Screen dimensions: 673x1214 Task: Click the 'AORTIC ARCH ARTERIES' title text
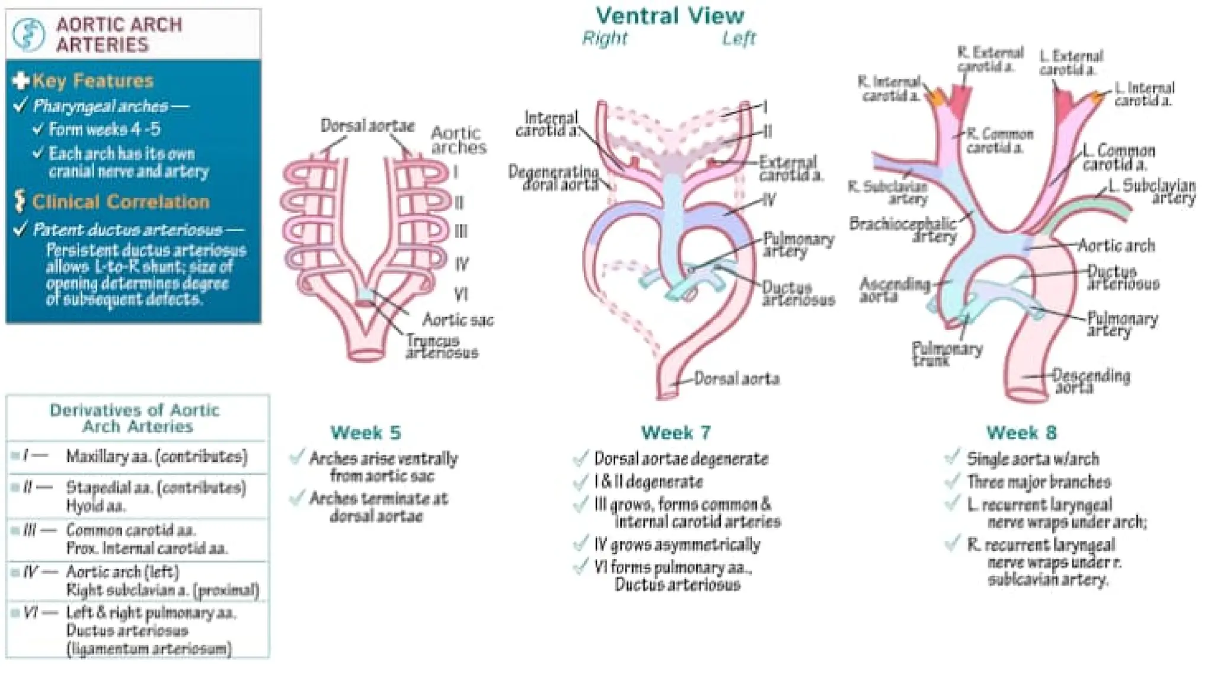tap(119, 34)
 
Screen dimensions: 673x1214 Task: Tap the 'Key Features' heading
tap(93, 81)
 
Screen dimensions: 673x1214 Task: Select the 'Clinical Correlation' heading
tap(120, 202)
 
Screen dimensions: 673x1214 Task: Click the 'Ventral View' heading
tap(670, 16)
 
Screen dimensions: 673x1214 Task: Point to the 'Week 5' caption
tap(366, 432)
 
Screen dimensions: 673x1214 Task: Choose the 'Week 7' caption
tap(676, 432)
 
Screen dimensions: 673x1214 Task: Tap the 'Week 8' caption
tap(1021, 432)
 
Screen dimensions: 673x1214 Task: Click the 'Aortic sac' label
tap(458, 320)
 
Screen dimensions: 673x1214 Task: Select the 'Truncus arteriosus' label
tap(441, 347)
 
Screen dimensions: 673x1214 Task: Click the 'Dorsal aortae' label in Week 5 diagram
tap(368, 126)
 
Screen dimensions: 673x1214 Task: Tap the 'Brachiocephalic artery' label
tap(903, 230)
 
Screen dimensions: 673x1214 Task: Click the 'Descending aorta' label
tap(1091, 381)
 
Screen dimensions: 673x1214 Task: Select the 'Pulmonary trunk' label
tap(946, 353)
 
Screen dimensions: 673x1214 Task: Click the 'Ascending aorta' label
tap(894, 289)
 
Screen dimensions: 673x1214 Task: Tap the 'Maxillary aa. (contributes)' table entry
tap(156, 457)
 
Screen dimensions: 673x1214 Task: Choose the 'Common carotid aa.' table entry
tap(131, 530)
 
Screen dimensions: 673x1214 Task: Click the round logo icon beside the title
tap(28, 34)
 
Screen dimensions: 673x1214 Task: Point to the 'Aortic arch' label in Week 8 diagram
tap(1116, 245)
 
